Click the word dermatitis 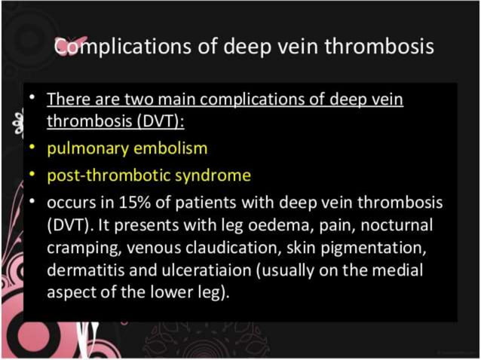(81, 269)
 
